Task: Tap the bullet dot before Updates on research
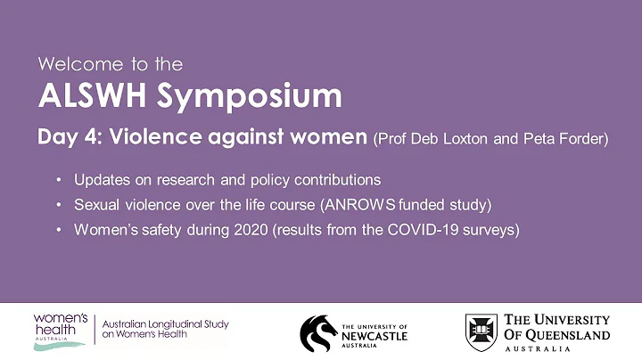(x=59, y=179)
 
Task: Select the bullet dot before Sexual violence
(x=59, y=205)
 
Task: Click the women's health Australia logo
(x=61, y=331)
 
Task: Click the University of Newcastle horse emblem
(x=317, y=332)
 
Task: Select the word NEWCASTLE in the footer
(x=374, y=337)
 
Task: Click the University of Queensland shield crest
(x=481, y=331)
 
